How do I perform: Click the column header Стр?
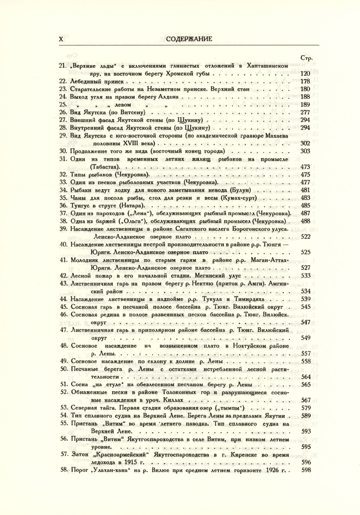tap(307, 58)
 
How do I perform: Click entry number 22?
tap(64, 81)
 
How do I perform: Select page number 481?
tap(306, 190)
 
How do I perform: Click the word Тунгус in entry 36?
tap(79, 206)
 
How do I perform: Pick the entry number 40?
tap(64, 244)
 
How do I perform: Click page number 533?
tap(306, 276)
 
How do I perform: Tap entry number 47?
tap(64, 330)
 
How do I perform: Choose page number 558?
tap(306, 361)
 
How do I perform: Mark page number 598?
tap(306, 470)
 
